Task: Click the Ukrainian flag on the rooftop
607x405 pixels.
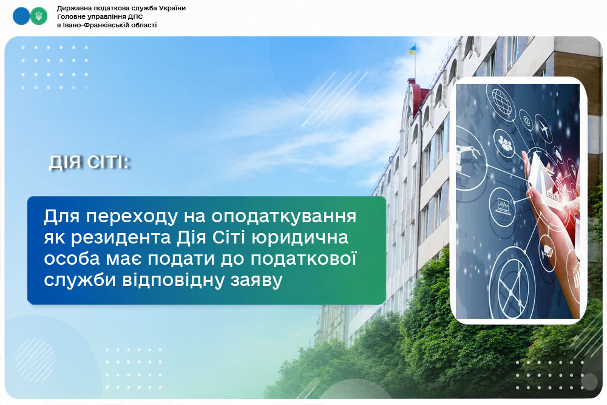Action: (412, 50)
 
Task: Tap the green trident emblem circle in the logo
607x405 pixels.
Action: (39, 16)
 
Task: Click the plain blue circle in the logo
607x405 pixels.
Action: (21, 16)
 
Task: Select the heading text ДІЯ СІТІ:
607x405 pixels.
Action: (90, 162)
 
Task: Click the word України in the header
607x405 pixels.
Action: (170, 8)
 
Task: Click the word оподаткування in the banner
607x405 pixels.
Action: (283, 217)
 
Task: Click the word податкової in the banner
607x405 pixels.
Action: (303, 259)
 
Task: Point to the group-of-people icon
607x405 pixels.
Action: (505, 143)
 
